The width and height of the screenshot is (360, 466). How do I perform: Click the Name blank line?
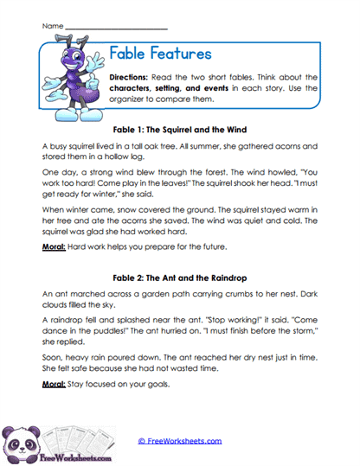pyautogui.click(x=117, y=28)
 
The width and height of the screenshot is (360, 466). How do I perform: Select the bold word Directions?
pyautogui.click(x=132, y=78)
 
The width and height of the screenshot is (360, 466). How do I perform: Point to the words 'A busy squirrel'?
pyautogui.click(x=67, y=147)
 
